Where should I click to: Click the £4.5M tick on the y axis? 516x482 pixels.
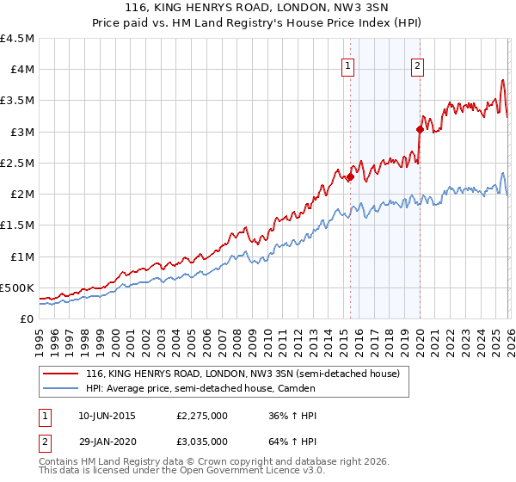coord(17,39)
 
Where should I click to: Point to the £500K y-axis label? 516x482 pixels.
coord(17,287)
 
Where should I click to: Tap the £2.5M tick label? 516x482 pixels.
coord(17,163)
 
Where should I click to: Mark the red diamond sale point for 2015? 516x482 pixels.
coord(350,177)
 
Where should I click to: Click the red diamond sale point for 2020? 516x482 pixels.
coord(421,130)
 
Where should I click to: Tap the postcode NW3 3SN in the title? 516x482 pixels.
coord(359,9)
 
